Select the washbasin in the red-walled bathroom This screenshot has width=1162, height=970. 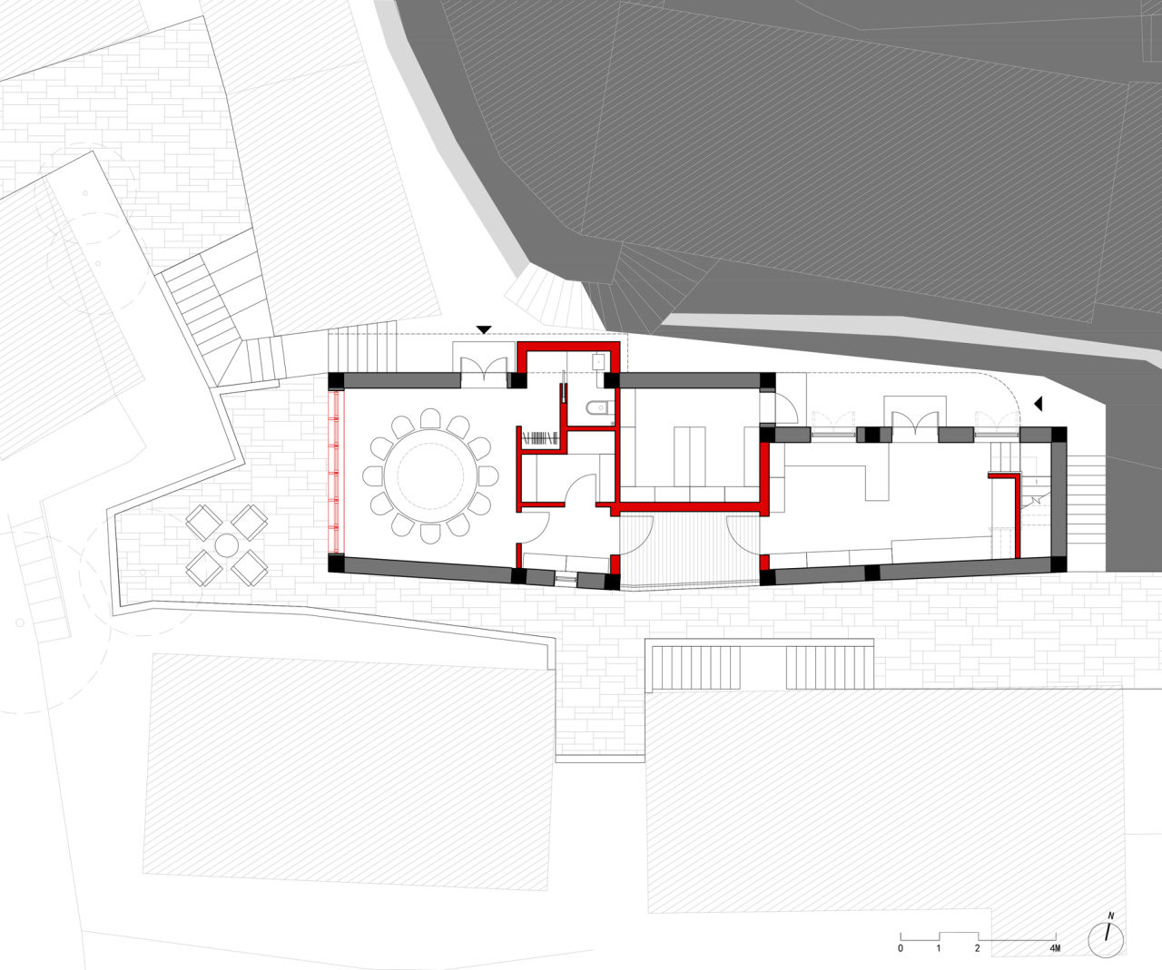point(598,360)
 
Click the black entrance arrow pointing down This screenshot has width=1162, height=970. point(484,329)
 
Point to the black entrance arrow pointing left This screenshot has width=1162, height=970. point(1038,403)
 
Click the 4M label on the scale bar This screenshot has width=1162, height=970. point(1054,948)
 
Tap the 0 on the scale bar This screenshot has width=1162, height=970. point(901,948)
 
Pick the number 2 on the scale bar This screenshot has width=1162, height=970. point(978,948)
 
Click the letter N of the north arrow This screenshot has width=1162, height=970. point(1110,916)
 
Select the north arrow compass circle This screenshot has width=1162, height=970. point(1107,940)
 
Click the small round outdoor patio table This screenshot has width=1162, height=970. point(226,545)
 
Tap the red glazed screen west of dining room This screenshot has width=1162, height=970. point(337,472)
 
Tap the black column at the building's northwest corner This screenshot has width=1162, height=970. point(336,380)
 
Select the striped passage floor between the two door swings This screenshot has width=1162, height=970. point(688,549)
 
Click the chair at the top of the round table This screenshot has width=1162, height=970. point(430,418)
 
